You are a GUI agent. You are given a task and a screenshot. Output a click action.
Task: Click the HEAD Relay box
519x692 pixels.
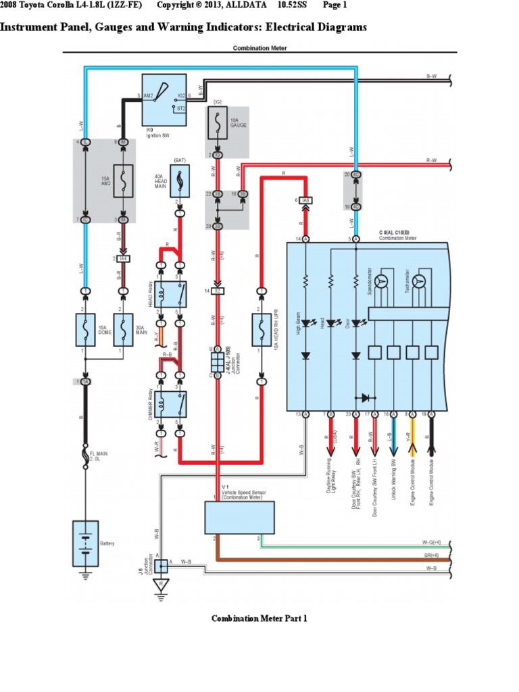[x=171, y=293]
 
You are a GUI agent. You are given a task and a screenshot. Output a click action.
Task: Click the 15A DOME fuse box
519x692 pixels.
[x=86, y=330]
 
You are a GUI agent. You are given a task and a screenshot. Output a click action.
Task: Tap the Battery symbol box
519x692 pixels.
[x=85, y=543]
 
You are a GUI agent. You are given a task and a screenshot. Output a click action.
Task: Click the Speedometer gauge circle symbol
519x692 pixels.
[x=382, y=280]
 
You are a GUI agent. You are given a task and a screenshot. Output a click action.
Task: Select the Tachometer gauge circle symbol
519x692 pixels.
[x=420, y=280]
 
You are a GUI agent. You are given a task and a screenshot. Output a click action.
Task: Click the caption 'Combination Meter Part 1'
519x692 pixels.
[x=259, y=618]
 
